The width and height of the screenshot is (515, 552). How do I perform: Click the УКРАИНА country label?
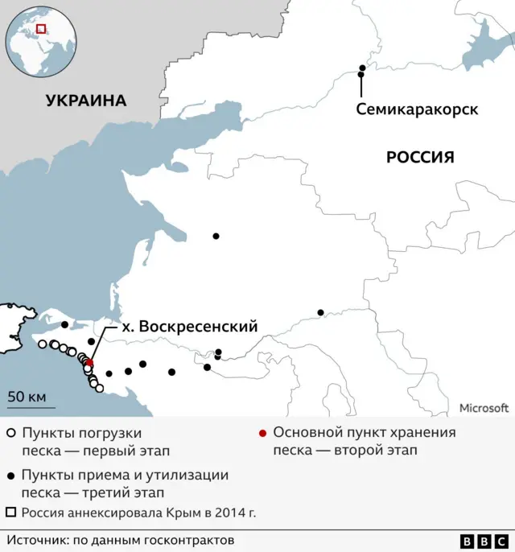point(86,101)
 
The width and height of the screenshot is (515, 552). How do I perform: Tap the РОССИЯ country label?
point(420,157)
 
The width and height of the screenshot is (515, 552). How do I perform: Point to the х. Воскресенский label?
point(190,327)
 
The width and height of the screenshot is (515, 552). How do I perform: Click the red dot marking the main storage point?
point(89,363)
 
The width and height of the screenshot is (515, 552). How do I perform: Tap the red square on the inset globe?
point(42,28)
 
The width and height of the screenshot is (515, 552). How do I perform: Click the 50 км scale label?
point(27,397)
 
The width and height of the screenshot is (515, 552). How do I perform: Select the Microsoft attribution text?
point(484,408)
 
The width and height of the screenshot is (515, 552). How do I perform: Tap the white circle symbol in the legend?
point(11,433)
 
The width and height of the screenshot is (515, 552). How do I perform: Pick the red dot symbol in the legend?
point(262,433)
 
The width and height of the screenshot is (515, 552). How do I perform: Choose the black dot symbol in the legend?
point(11,476)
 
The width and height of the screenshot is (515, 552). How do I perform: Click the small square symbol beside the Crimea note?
point(11,512)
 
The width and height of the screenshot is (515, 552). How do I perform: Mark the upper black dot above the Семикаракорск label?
point(362,68)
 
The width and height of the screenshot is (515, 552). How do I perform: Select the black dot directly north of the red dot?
point(91,342)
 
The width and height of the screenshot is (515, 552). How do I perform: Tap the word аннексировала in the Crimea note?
point(110,512)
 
